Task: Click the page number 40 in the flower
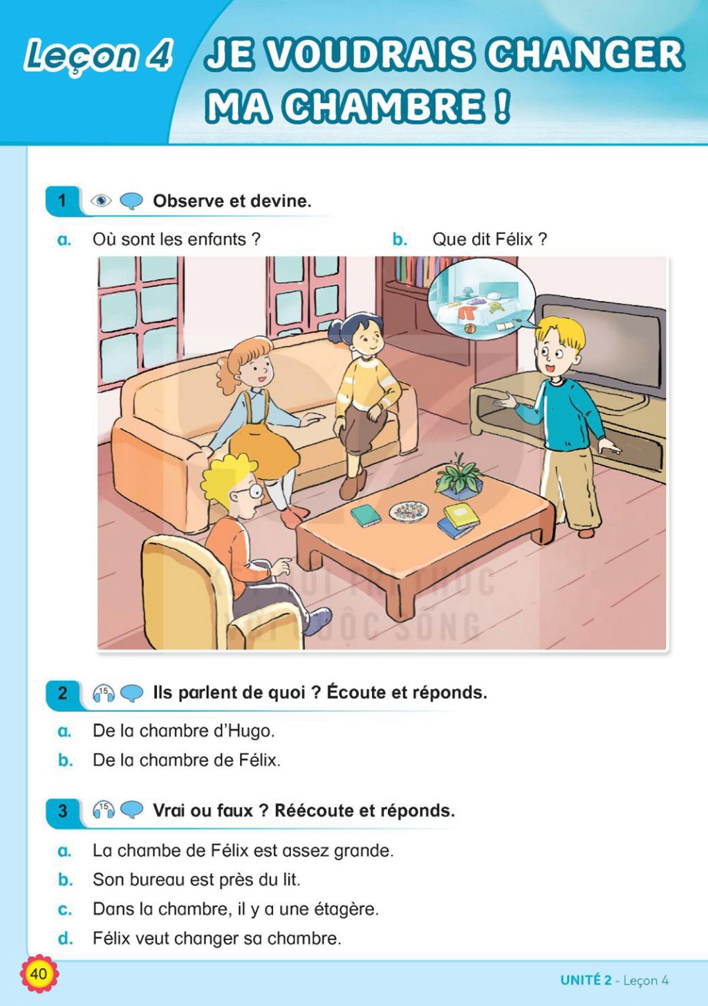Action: coord(39,973)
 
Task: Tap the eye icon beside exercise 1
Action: coord(101,201)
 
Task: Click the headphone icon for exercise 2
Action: coord(104,693)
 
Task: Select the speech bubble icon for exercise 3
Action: coord(132,810)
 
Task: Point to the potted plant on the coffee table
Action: coord(458,477)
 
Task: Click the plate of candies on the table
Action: coord(409,511)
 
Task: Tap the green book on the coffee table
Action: coord(366,515)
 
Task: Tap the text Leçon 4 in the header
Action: coord(98,56)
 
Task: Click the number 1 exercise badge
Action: coord(62,201)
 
